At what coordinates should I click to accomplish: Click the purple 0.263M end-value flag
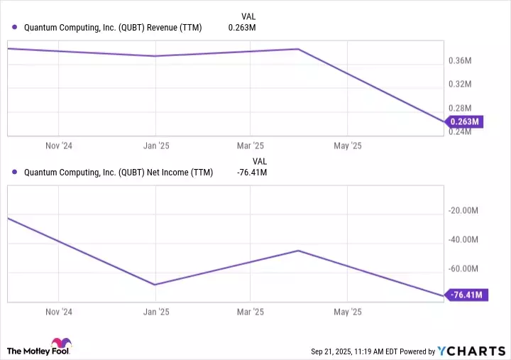click(464, 121)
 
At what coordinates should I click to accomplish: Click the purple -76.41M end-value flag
click(466, 295)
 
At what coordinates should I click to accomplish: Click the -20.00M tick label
click(466, 210)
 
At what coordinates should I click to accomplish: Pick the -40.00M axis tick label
click(466, 239)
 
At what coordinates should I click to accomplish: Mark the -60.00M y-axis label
click(466, 268)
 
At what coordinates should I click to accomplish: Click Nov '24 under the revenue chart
click(58, 145)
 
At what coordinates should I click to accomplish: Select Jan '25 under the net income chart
click(156, 312)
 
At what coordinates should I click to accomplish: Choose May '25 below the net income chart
click(347, 312)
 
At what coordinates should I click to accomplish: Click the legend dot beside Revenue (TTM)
click(15, 28)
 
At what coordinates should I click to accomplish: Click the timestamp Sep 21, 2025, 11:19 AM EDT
click(361, 351)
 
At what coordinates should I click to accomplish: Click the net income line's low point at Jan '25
click(155, 285)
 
